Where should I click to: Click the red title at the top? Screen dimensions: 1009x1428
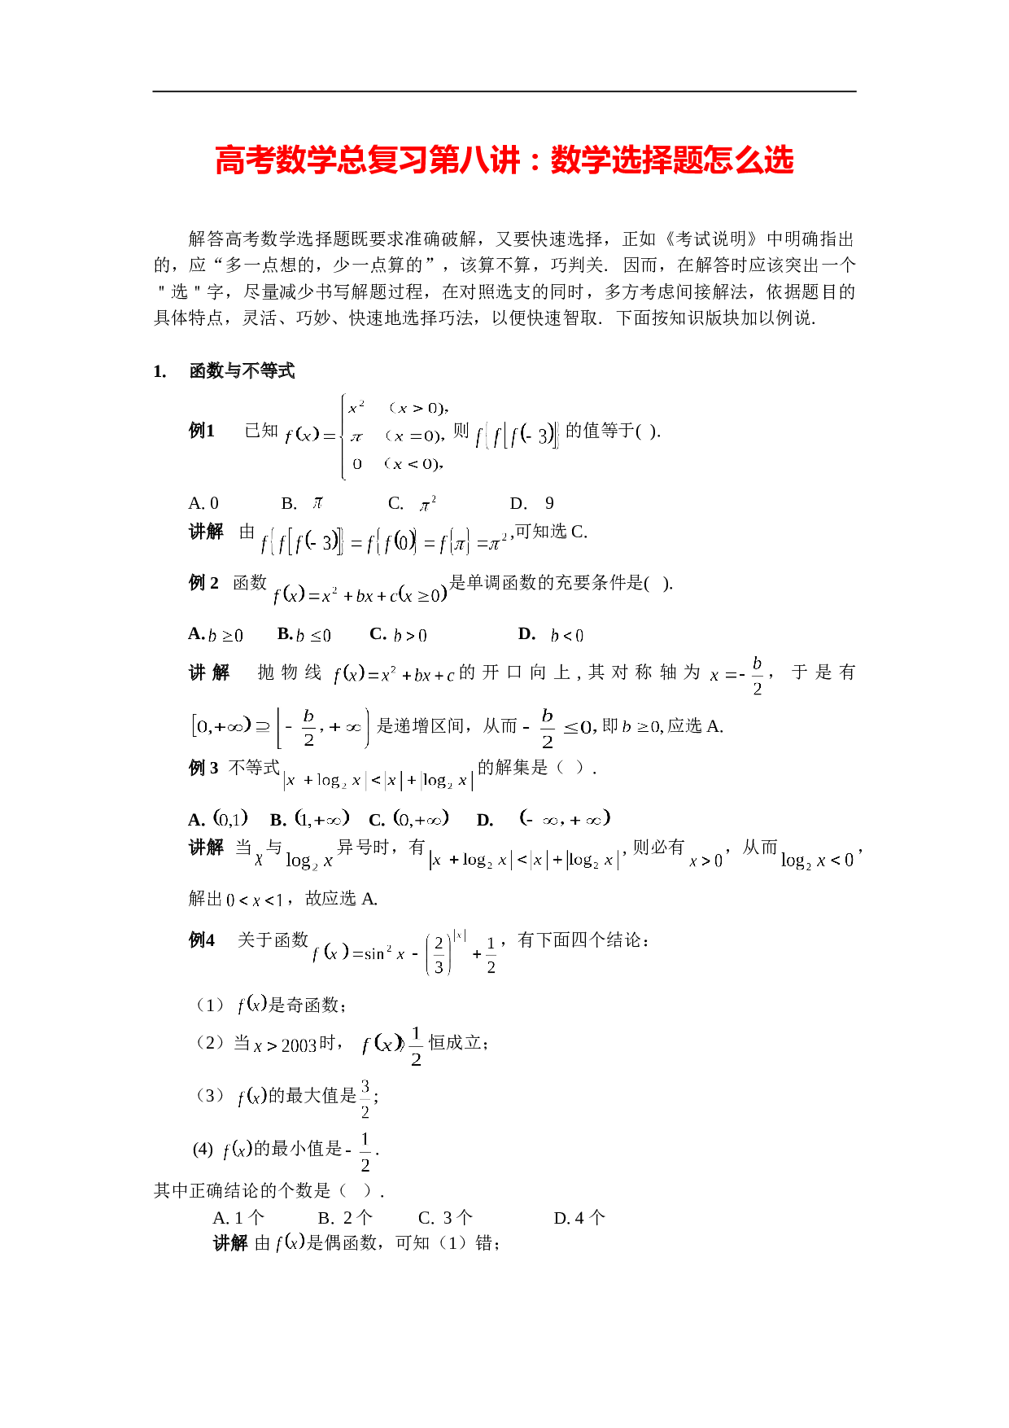tap(504, 160)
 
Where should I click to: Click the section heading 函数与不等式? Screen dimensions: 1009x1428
tap(242, 371)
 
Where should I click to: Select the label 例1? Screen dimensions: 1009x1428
tap(202, 431)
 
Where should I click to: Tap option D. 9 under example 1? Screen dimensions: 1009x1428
tap(532, 503)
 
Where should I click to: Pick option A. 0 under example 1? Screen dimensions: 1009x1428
tap(203, 503)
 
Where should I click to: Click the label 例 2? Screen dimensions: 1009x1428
tap(203, 583)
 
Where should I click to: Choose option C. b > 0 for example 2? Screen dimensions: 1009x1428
tap(399, 634)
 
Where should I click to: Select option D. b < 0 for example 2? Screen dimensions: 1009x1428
tap(551, 634)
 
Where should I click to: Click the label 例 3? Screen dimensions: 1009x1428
tap(203, 768)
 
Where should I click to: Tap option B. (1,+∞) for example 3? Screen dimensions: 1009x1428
tap(310, 818)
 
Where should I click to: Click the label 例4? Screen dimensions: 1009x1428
tap(202, 940)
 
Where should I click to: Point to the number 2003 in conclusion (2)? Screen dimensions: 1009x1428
tap(299, 1045)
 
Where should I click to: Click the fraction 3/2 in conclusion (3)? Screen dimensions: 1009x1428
tap(365, 1098)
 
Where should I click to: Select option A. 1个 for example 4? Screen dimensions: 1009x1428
tap(238, 1218)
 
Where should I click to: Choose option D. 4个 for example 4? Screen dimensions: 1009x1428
tap(579, 1218)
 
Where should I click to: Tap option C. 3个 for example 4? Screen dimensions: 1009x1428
tap(445, 1218)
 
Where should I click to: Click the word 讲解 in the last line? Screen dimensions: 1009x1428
tap(230, 1243)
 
